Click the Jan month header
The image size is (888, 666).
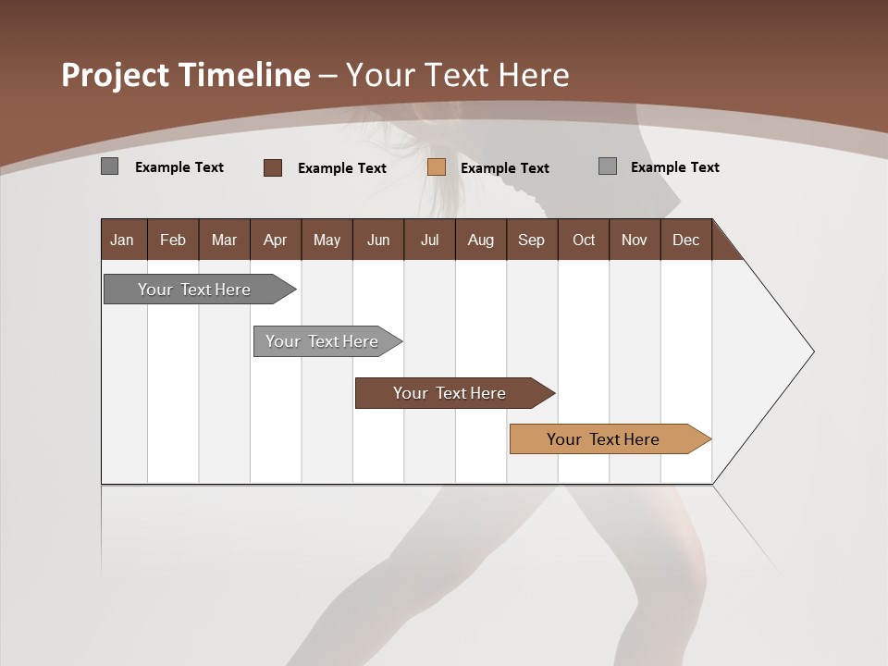[122, 240]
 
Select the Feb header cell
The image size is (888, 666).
[173, 240]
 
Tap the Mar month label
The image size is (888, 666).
[224, 240]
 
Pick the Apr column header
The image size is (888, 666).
[276, 240]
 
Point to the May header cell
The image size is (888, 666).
[327, 240]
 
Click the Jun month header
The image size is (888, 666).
[378, 240]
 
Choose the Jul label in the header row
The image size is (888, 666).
[429, 240]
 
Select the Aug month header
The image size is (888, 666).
[481, 240]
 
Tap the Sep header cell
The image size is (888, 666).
[532, 240]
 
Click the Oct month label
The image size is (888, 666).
[584, 240]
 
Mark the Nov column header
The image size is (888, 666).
[635, 240]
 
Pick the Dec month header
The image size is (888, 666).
[686, 240]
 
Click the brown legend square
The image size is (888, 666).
[273, 167]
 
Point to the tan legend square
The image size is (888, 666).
[437, 167]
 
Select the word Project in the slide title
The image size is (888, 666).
[116, 75]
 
